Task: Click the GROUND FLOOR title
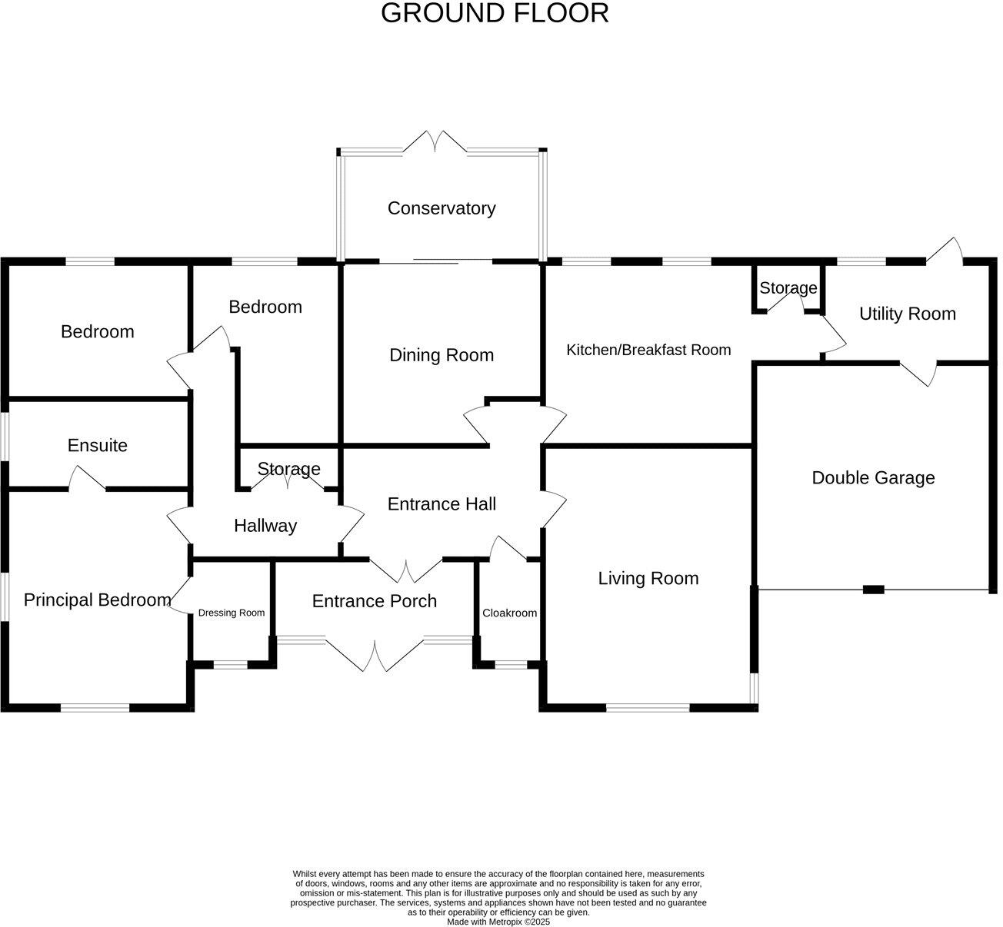[x=495, y=13]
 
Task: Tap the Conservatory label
[x=441, y=208]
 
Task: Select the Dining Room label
[x=441, y=355]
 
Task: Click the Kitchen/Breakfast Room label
[x=648, y=351]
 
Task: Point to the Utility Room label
[x=907, y=314]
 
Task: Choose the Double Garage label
[x=873, y=478]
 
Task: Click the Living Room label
[x=648, y=579]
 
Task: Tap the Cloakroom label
[x=509, y=613]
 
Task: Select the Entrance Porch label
[x=374, y=601]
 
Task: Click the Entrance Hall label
[x=442, y=504]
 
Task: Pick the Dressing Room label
[x=231, y=613]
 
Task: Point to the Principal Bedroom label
[x=97, y=600]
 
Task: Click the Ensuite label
[x=97, y=446]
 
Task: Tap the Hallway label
[x=265, y=526]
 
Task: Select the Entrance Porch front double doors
[x=375, y=655]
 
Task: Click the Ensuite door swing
[x=87, y=478]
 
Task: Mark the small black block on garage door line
[x=873, y=590]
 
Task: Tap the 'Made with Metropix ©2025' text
[x=498, y=922]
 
